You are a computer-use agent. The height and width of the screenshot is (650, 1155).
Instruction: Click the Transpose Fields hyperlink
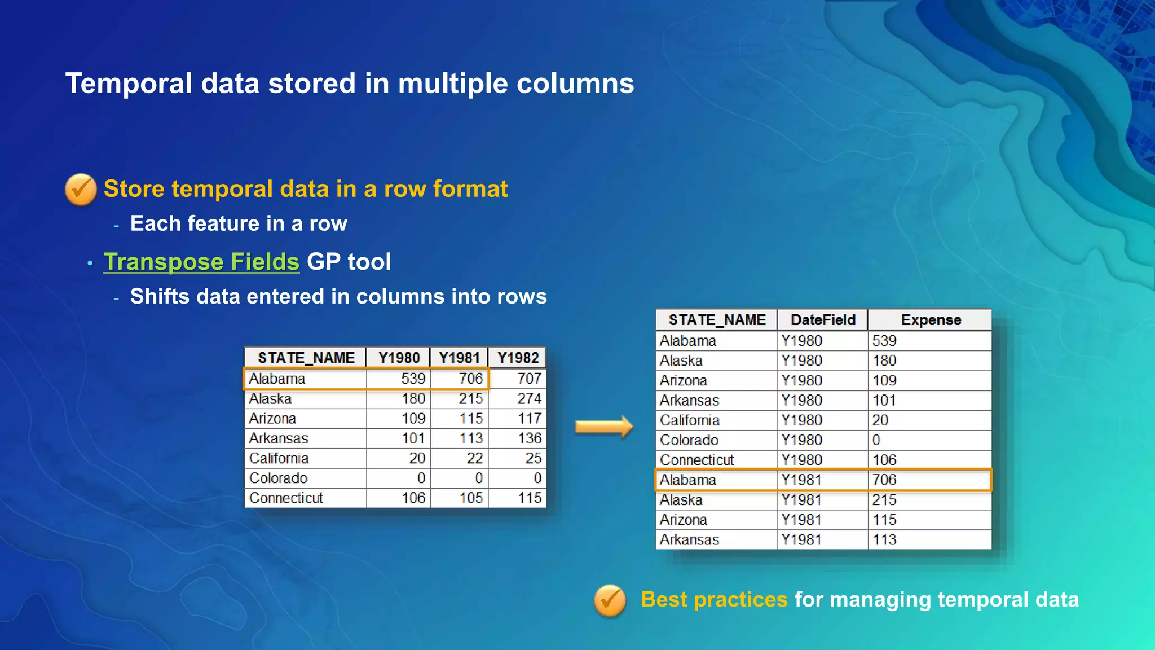point(201,262)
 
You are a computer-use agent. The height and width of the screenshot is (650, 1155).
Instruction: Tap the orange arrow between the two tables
point(603,427)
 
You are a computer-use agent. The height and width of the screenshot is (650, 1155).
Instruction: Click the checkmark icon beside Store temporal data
point(81,189)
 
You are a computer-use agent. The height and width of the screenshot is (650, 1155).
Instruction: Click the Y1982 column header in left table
point(518,358)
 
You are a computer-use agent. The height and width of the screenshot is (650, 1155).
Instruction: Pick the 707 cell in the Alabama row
point(529,379)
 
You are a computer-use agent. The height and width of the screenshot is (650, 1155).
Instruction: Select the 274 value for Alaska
point(529,399)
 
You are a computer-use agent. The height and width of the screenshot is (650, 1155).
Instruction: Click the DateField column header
point(822,320)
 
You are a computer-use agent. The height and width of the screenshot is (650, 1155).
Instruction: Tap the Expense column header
point(930,320)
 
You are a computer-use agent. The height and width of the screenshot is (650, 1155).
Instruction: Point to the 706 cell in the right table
point(884,480)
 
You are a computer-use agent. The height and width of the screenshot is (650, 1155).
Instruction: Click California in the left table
point(279,458)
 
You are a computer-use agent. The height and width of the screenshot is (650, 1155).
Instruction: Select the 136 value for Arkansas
point(529,438)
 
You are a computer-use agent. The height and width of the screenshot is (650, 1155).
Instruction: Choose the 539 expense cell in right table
point(884,341)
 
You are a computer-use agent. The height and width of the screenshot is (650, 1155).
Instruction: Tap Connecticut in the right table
point(697,460)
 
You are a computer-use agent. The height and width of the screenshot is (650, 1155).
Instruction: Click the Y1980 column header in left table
point(399,358)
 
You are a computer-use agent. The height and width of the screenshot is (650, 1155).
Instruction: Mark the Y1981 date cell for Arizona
point(801,520)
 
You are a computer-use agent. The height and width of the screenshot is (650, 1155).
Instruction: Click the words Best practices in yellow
point(714,599)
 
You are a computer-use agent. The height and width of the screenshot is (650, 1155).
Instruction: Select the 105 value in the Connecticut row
point(470,498)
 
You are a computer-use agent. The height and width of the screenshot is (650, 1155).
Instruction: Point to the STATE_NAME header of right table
point(717,320)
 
